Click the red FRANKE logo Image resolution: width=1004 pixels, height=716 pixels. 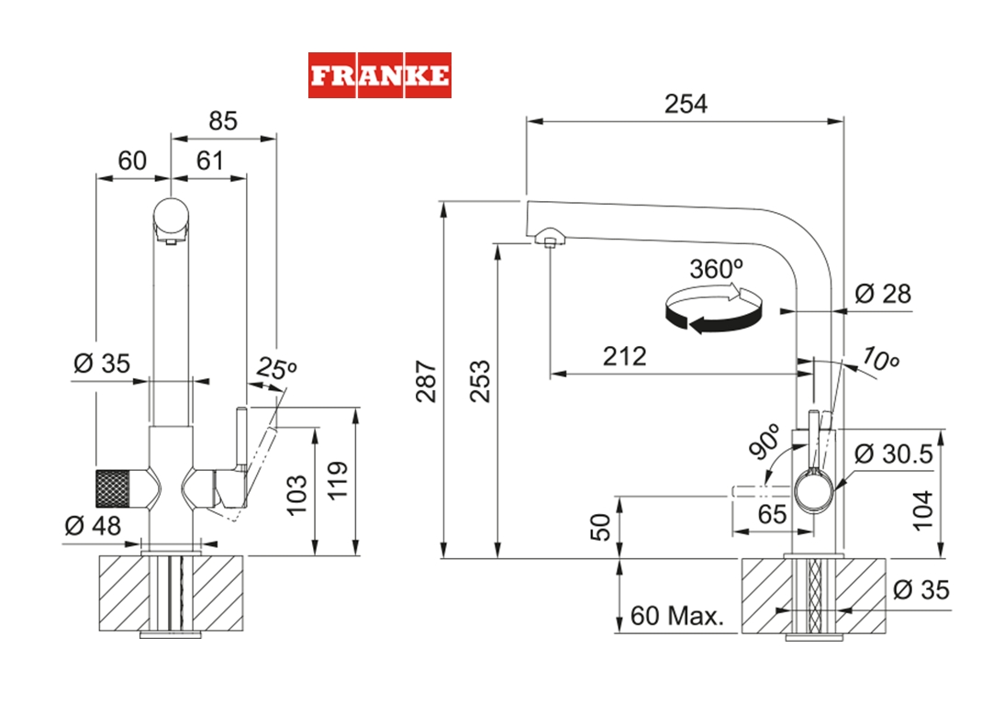379,75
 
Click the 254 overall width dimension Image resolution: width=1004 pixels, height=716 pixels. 686,104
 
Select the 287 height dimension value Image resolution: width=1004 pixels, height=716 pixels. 425,379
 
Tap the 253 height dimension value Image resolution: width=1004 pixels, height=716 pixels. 479,379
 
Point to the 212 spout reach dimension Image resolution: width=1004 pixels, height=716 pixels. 624,356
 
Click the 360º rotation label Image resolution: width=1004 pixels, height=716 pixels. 717,269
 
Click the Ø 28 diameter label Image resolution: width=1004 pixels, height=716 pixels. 882,294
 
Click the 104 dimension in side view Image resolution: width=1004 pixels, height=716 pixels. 922,509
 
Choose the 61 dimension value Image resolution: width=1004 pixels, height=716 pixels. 210,161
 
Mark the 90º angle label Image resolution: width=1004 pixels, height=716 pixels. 764,442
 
